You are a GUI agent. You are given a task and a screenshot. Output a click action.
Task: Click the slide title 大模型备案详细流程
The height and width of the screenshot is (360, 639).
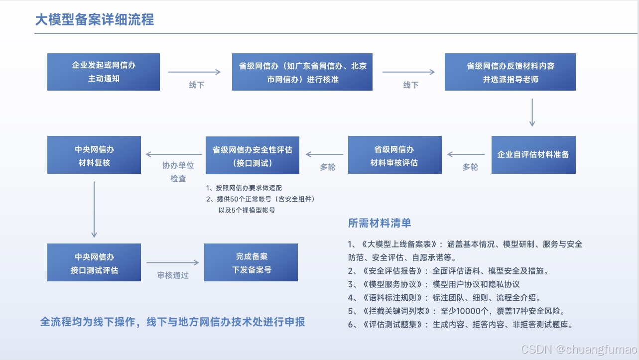[x=94, y=19]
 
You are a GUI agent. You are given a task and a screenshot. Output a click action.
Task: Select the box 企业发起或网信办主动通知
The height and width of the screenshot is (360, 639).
[x=104, y=72]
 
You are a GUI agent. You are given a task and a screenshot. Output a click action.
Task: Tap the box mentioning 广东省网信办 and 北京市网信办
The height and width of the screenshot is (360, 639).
[x=302, y=72]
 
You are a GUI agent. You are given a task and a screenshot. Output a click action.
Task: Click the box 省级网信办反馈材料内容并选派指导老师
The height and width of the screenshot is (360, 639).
[x=510, y=72]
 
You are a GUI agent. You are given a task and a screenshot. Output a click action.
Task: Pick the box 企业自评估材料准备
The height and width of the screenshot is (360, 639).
[x=533, y=154]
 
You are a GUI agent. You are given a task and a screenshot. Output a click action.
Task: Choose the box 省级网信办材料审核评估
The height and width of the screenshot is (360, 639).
[x=394, y=155]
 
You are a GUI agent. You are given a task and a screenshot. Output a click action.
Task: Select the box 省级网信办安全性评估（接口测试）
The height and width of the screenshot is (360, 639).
[x=252, y=155]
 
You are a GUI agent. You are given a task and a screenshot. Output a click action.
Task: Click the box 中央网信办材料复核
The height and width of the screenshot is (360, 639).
[x=94, y=155]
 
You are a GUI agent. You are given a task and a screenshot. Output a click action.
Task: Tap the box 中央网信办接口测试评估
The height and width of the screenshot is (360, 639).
[x=94, y=262]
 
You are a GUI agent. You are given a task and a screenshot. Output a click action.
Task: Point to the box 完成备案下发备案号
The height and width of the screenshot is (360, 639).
[x=251, y=262]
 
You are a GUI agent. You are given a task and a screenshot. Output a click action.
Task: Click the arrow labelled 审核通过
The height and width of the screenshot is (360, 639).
[x=172, y=263]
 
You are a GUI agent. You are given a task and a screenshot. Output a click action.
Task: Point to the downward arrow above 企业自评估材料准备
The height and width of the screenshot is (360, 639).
[x=532, y=113]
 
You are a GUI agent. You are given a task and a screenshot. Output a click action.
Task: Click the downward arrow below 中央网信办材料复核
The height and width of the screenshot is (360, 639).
[x=94, y=209]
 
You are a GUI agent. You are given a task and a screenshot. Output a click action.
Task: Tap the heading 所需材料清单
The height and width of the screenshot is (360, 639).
[x=380, y=223]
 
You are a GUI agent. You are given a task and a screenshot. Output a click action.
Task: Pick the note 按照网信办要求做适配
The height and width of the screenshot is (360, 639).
[x=248, y=188]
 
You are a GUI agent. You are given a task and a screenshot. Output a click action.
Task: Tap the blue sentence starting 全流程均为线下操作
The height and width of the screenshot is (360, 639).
[x=172, y=322]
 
